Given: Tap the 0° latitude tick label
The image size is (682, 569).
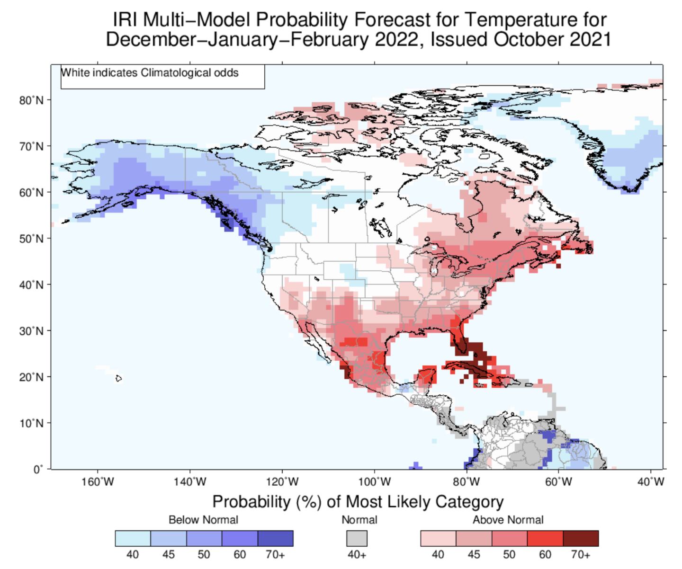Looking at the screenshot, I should point(38,469).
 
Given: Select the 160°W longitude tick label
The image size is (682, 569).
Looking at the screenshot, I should point(98,482).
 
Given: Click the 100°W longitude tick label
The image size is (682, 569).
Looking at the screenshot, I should point(375,482).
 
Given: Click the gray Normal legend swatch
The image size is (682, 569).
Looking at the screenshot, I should point(357,538).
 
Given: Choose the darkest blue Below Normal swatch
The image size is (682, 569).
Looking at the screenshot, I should point(276,538).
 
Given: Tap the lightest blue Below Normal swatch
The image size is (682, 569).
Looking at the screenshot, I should point(133,538).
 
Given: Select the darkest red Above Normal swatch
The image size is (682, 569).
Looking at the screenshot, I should point(581,538).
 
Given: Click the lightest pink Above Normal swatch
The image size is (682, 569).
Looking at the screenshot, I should point(438,538).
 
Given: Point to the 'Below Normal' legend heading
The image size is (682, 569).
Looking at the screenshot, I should point(203,520).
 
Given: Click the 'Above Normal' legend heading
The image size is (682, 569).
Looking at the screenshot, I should point(508,520).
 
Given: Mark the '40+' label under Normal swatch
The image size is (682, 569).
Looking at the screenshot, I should point(357,554).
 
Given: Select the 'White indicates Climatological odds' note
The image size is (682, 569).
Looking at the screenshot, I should point(150,73).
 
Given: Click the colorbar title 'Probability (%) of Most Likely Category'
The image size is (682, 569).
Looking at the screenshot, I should point(358,501).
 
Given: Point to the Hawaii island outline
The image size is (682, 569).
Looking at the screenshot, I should point(118,378).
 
